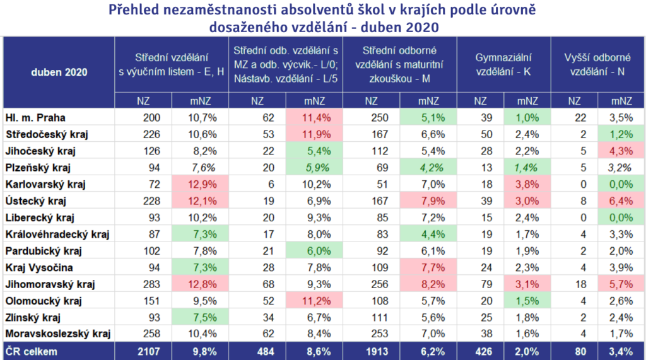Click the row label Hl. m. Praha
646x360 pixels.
pyautogui.click(x=35, y=117)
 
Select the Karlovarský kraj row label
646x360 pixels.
pyautogui.click(x=45, y=185)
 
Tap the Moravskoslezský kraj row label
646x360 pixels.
pyautogui.click(x=58, y=333)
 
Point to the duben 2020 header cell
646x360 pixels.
pyautogui.click(x=59, y=71)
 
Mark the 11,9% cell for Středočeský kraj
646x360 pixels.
pyautogui.click(x=314, y=134)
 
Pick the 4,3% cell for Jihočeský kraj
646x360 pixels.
pyautogui.click(x=621, y=151)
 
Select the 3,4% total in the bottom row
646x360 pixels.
pyautogui.click(x=621, y=351)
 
